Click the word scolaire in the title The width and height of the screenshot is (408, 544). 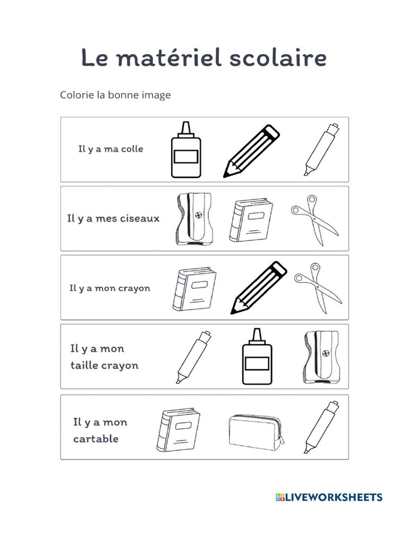pyautogui.click(x=278, y=58)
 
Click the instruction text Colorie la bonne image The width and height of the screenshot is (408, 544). pyautogui.click(x=115, y=95)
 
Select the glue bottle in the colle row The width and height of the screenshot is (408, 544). pyautogui.click(x=186, y=151)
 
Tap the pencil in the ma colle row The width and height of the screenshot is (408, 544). pyautogui.click(x=251, y=151)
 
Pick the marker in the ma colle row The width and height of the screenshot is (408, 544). pyautogui.click(x=320, y=149)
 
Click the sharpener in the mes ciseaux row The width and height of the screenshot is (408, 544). pyautogui.click(x=194, y=219)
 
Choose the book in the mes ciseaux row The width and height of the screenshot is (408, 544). pyautogui.click(x=251, y=220)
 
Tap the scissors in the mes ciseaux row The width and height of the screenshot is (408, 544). pyautogui.click(x=314, y=219)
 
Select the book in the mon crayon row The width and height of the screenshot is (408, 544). pyautogui.click(x=194, y=289)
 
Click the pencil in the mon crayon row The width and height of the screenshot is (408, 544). pyautogui.click(x=258, y=287)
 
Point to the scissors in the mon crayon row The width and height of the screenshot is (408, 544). pyautogui.click(x=318, y=287)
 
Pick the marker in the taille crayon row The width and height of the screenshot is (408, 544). pyautogui.click(x=193, y=356)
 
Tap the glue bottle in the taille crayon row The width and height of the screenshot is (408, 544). pyautogui.click(x=257, y=358)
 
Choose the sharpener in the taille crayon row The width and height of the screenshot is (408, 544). pyautogui.click(x=321, y=356)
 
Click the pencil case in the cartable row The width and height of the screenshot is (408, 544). pyautogui.click(x=256, y=432)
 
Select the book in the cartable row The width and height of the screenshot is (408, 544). pyautogui.click(x=178, y=430)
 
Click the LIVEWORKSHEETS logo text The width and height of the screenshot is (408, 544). pyautogui.click(x=334, y=497)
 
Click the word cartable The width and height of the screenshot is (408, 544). pyautogui.click(x=96, y=439)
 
